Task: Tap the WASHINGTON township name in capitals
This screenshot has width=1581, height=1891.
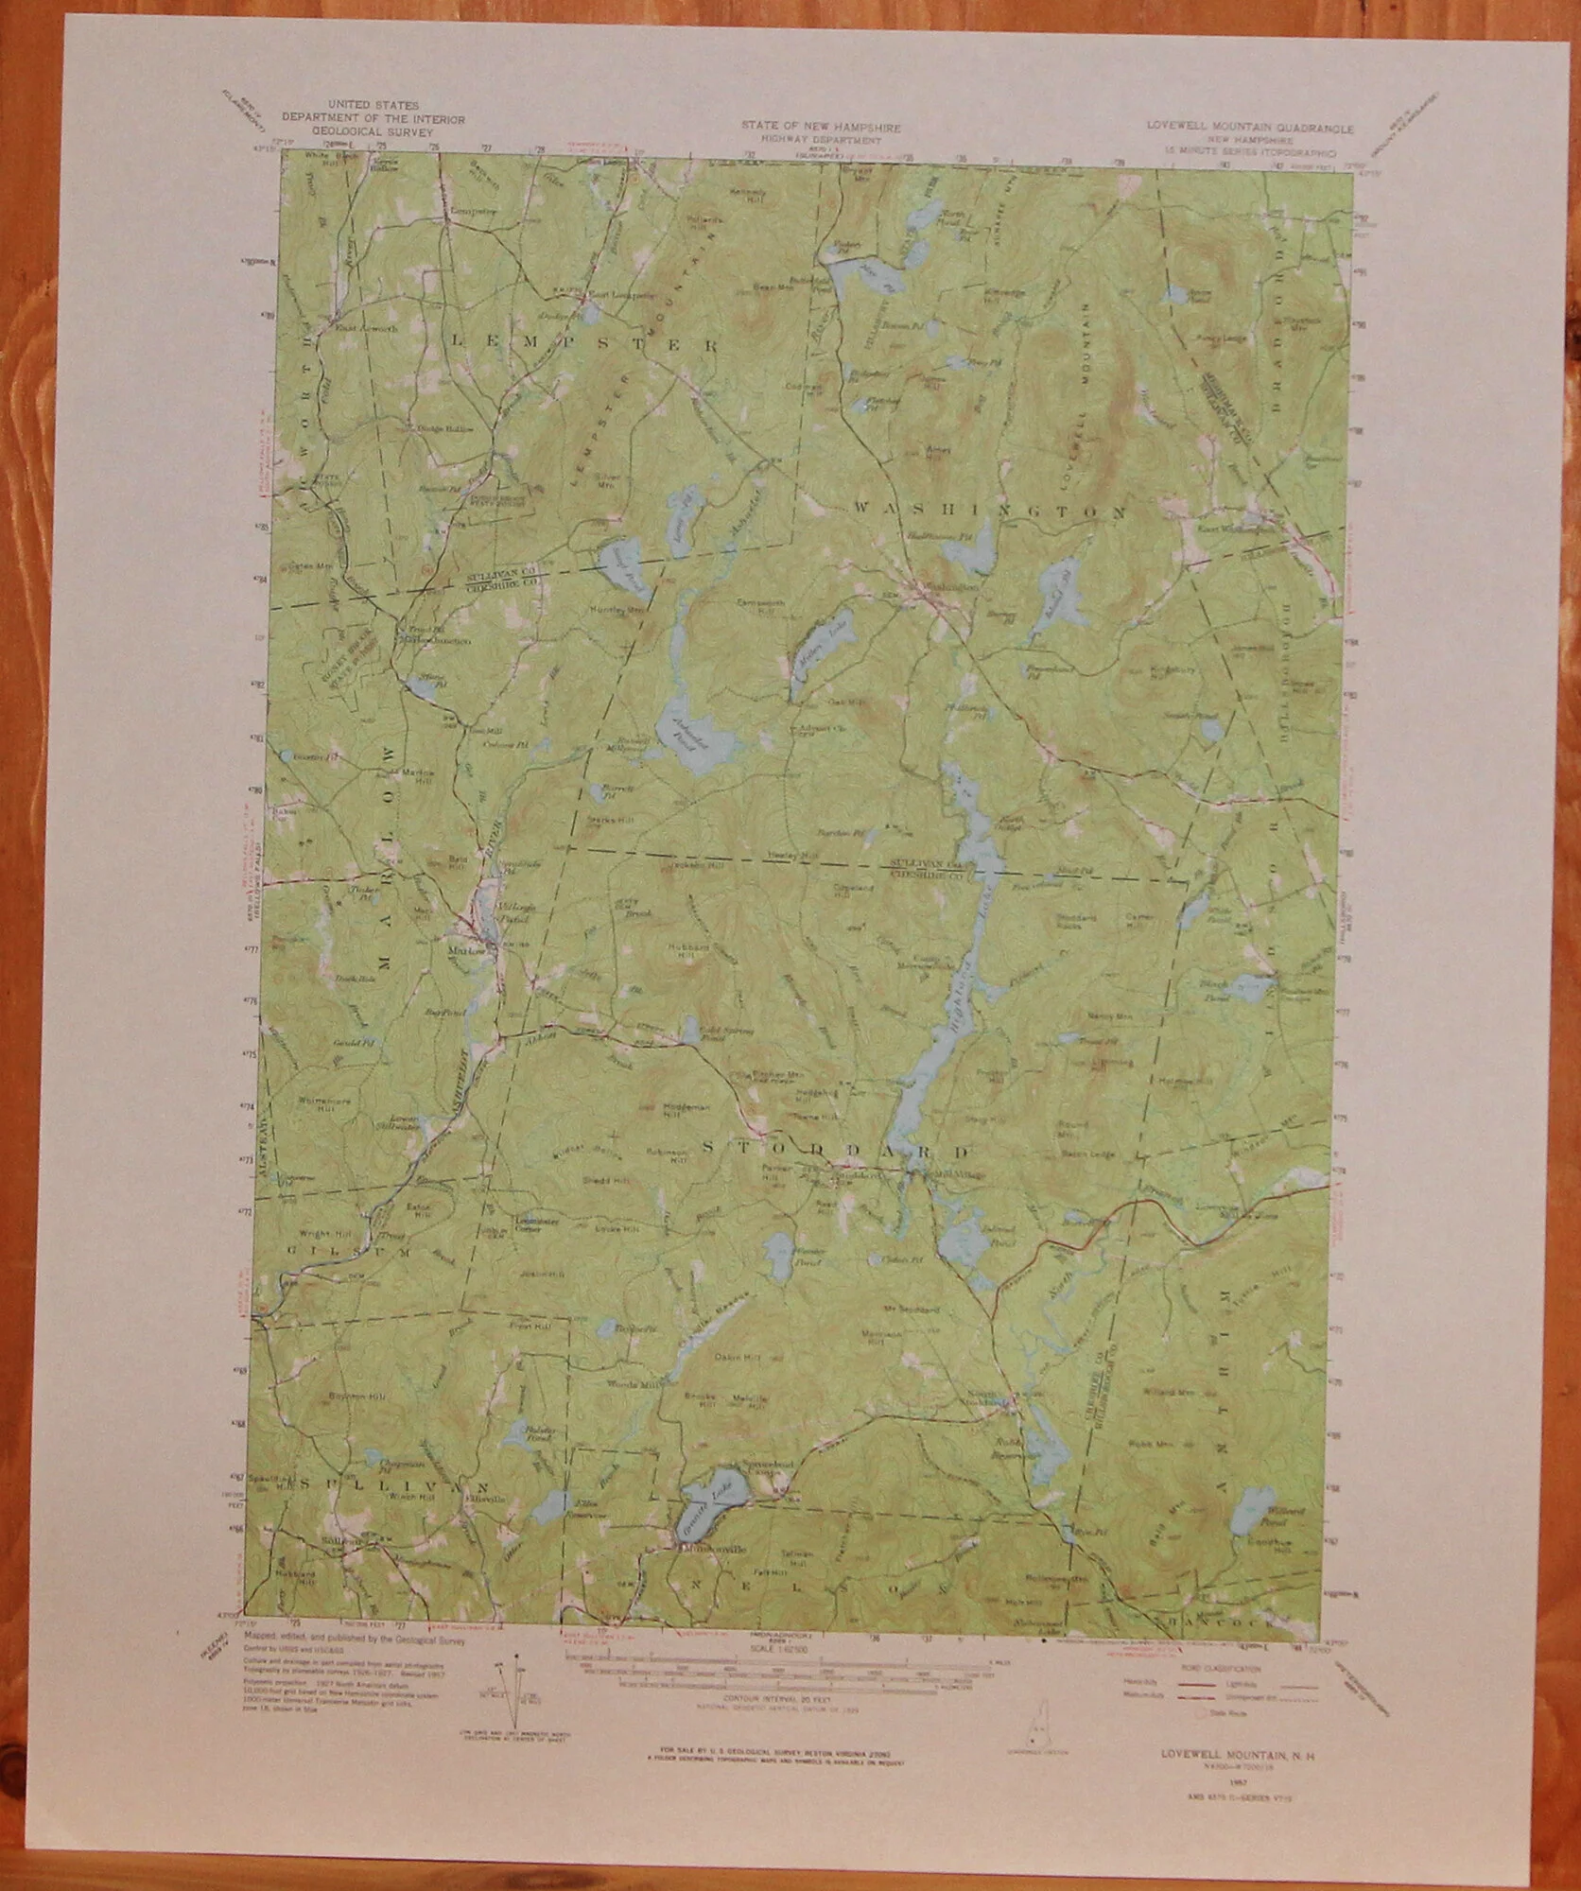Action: coord(989,512)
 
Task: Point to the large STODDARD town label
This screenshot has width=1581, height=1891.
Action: coord(836,1153)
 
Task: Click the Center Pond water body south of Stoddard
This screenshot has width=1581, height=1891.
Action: coord(781,1257)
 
